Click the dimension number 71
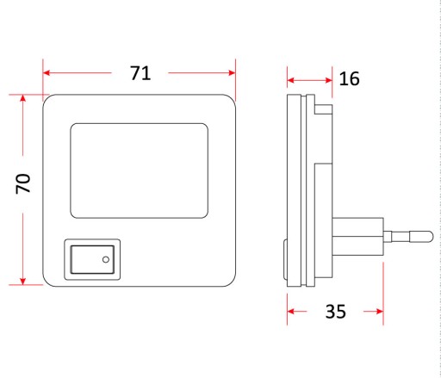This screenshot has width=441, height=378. click(x=140, y=73)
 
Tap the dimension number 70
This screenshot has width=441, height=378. click(x=23, y=184)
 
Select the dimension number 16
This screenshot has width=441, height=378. click(x=349, y=78)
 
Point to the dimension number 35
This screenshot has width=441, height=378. click(x=335, y=312)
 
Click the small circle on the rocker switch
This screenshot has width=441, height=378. click(x=106, y=259)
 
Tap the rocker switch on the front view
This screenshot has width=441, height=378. click(x=92, y=259)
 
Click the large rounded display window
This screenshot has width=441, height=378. click(x=140, y=170)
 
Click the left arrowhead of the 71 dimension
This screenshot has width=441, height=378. click(x=47, y=73)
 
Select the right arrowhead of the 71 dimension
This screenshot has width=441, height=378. click(x=232, y=73)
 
